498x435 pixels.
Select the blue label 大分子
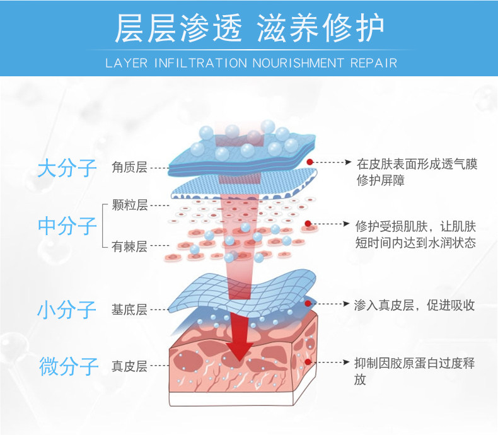pyautogui.click(x=67, y=168)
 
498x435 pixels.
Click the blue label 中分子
pyautogui.click(x=67, y=226)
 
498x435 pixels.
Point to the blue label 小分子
pyautogui.click(x=67, y=310)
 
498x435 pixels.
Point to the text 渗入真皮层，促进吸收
pyautogui.click(x=415, y=305)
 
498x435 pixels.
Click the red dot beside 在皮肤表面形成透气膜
pyautogui.click(x=310, y=163)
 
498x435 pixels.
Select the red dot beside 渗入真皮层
pyautogui.click(x=308, y=304)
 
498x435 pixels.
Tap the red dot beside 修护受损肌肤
pyautogui.click(x=308, y=224)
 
